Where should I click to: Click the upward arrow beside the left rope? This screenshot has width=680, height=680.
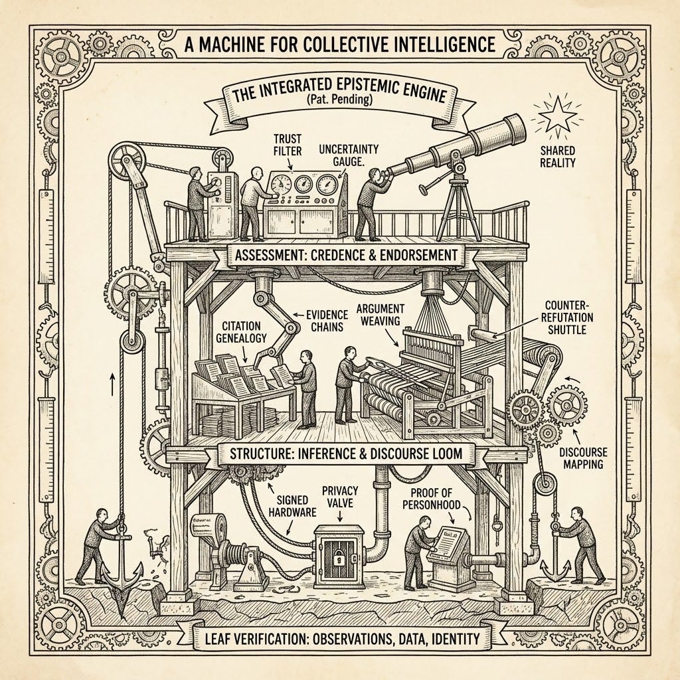(112, 384)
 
